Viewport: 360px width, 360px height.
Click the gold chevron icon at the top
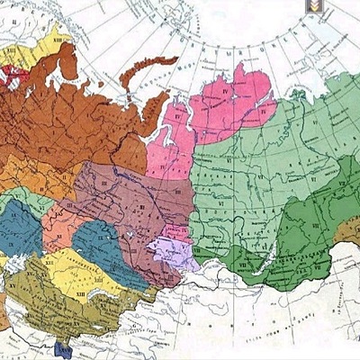(314, 5)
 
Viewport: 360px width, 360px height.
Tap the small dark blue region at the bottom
(64, 347)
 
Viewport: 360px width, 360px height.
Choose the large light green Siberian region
(270, 171)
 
